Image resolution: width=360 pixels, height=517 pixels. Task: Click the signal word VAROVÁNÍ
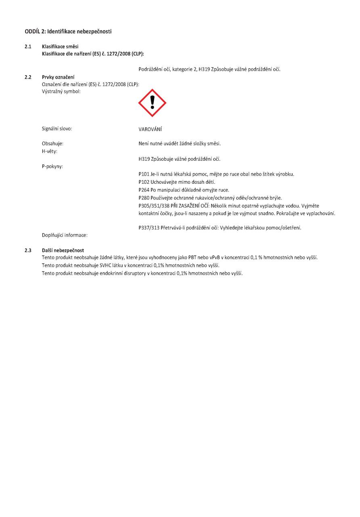pyautogui.click(x=150, y=129)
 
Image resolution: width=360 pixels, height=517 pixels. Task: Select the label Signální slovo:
pyautogui.click(x=57, y=129)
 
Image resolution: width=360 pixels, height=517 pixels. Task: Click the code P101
pyautogui.click(x=144, y=174)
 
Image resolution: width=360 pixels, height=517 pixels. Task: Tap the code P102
pyautogui.click(x=144, y=182)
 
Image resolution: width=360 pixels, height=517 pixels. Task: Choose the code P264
pyautogui.click(x=144, y=190)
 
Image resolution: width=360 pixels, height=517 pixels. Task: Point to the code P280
pyautogui.click(x=144, y=198)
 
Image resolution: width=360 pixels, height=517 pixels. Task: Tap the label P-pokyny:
pyautogui.click(x=52, y=166)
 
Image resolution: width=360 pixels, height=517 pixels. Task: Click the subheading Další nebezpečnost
pyautogui.click(x=63, y=251)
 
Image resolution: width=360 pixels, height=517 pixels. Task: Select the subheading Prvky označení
pyautogui.click(x=58, y=77)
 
